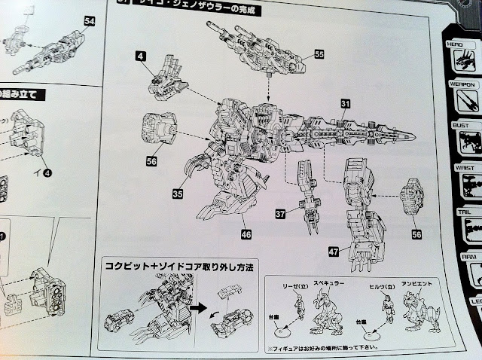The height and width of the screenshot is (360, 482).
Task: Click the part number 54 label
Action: pos(90,21)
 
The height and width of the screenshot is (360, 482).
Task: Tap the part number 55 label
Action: pos(319,54)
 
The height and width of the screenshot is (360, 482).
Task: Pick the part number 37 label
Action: pos(279,215)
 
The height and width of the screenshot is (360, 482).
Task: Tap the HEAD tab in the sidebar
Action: pos(454,44)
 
